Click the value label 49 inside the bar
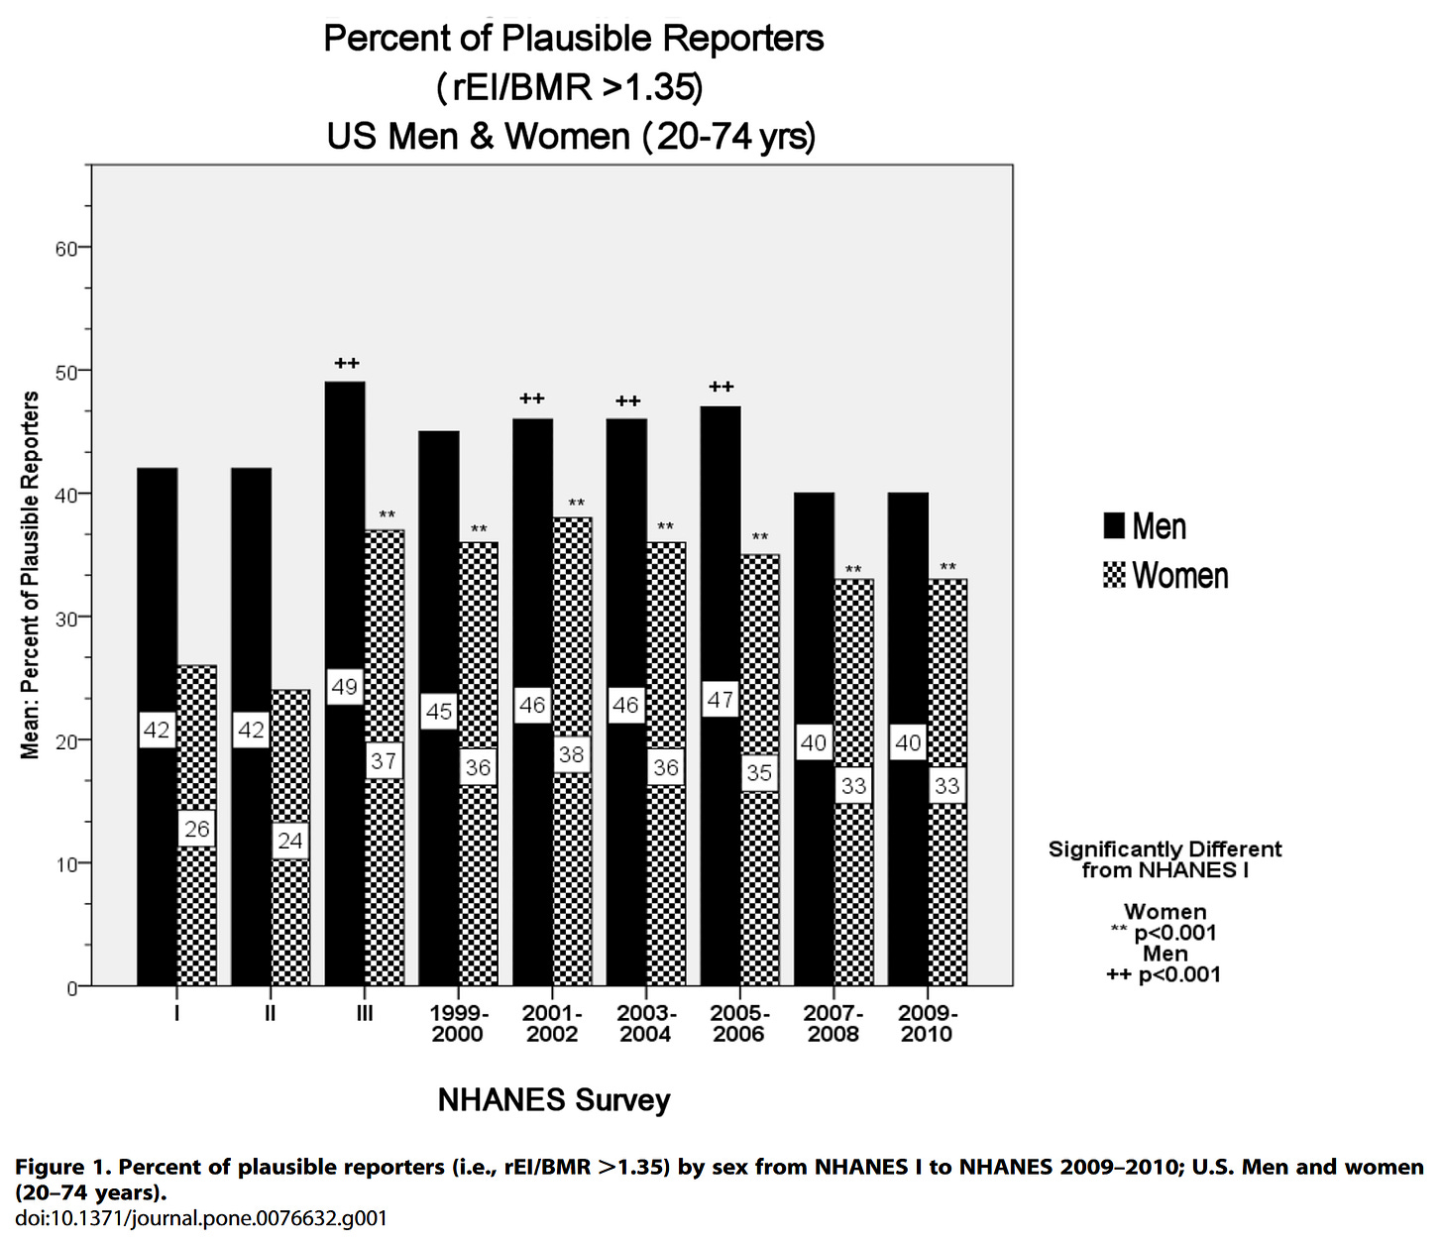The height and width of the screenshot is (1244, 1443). [344, 687]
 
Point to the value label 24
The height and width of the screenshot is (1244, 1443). [290, 842]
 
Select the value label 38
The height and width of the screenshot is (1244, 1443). [572, 755]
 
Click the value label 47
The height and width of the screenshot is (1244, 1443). [721, 701]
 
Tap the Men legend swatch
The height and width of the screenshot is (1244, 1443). [1114, 526]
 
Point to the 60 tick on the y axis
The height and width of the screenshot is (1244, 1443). [66, 248]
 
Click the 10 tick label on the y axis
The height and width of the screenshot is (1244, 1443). [66, 864]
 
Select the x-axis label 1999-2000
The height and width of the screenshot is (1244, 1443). [458, 1024]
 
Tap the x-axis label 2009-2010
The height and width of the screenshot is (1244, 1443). [928, 1024]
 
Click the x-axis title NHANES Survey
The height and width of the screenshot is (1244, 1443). [554, 1100]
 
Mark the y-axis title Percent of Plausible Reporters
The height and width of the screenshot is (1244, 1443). [31, 575]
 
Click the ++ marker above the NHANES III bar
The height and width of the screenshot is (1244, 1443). [347, 364]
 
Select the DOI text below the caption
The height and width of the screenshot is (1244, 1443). [201, 1218]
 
